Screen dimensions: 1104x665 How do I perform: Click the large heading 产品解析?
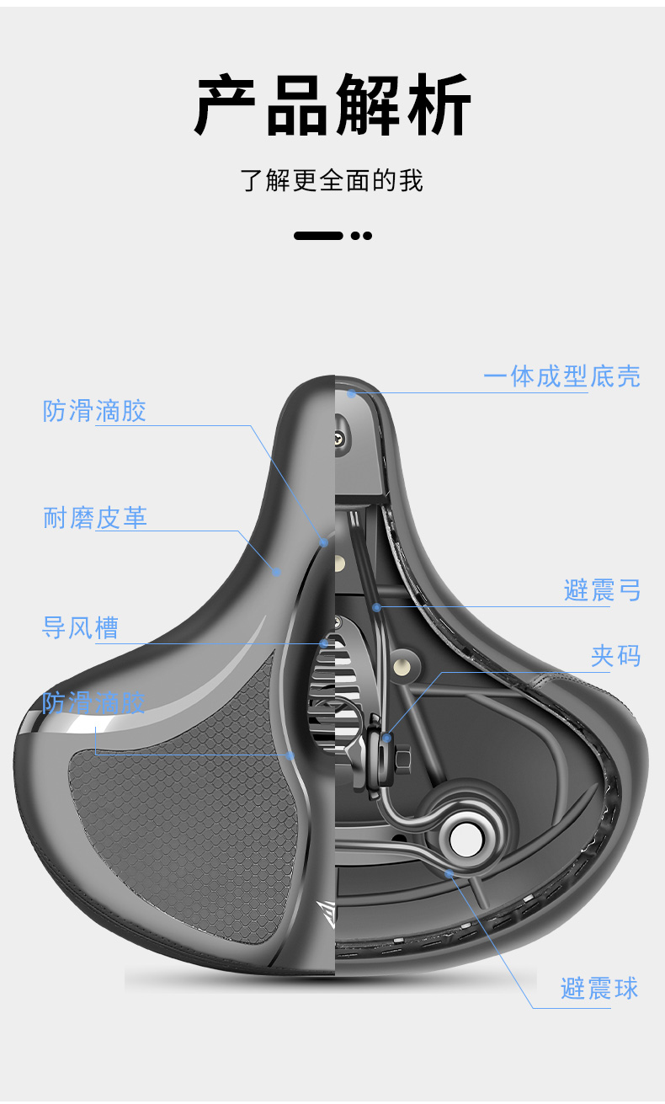[x=332, y=106]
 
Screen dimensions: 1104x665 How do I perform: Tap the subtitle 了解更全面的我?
[x=332, y=180]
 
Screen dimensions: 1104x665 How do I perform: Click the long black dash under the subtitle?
[x=318, y=236]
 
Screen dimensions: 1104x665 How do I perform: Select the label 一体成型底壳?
[x=561, y=376]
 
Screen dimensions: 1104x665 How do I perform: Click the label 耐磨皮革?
[x=95, y=518]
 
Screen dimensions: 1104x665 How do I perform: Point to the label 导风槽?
[x=81, y=628]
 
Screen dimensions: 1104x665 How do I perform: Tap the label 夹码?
[x=615, y=656]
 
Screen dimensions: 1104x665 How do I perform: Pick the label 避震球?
[x=599, y=988]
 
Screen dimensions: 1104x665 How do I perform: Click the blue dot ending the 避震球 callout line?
[x=450, y=873]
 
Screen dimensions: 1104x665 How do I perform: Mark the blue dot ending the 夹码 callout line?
[x=386, y=738]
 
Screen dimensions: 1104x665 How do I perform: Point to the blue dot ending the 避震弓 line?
[x=376, y=606]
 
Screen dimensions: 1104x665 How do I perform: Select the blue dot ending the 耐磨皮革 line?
[x=276, y=572]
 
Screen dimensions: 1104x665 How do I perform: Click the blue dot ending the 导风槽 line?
[x=324, y=644]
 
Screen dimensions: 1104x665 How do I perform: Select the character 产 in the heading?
[x=226, y=106]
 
